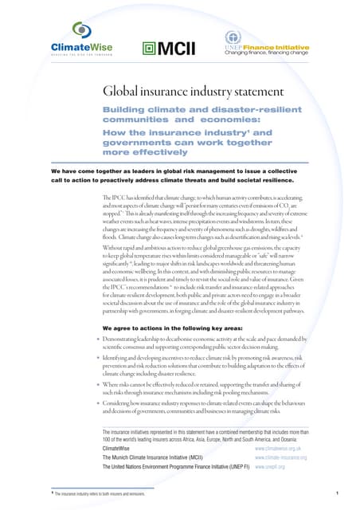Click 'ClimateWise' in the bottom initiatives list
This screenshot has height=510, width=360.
119,449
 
